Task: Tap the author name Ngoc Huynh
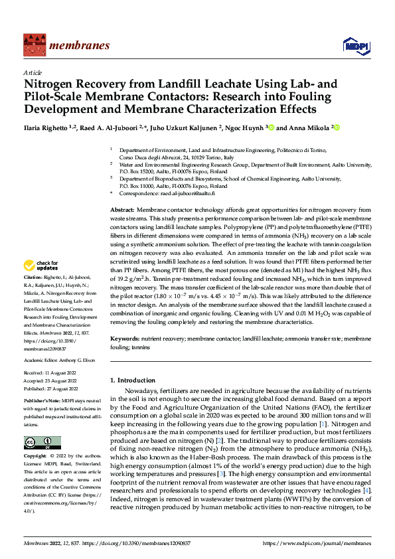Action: click(x=241, y=127)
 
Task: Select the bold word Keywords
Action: click(x=125, y=339)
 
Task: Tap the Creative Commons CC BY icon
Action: click(x=42, y=443)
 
